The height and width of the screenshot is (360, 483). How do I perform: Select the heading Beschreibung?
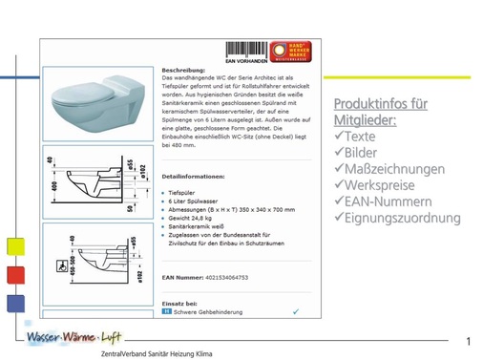click(x=181, y=71)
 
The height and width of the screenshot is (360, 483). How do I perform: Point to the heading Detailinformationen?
click(x=194, y=177)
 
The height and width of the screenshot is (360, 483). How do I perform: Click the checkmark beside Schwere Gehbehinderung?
click(x=296, y=311)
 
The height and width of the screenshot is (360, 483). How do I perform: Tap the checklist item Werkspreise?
click(x=379, y=185)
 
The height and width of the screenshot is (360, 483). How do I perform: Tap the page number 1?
click(x=469, y=341)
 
